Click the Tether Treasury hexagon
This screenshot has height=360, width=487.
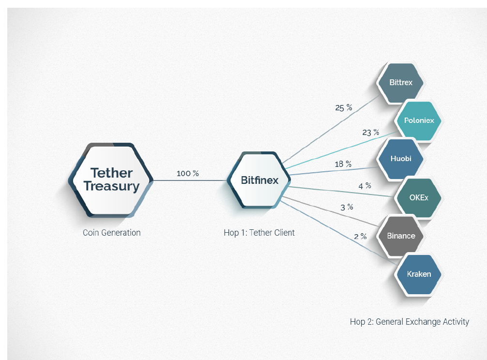[111, 180]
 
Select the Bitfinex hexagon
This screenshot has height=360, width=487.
[260, 180]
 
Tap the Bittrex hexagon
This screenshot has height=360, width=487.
[401, 82]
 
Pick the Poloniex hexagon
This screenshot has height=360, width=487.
[419, 120]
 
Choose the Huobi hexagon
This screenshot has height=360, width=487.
[401, 159]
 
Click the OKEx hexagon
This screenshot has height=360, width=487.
[419, 197]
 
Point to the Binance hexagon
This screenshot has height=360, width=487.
[401, 236]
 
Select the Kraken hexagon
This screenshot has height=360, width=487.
[419, 274]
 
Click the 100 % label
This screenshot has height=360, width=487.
[188, 173]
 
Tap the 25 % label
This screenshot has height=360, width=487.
[344, 108]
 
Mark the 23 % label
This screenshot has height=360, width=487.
[370, 132]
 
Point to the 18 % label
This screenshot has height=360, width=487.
[343, 164]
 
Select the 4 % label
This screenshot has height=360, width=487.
[365, 185]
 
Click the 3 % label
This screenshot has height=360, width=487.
[347, 207]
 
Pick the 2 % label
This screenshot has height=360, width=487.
[360, 237]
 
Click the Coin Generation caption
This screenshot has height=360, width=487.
[112, 233]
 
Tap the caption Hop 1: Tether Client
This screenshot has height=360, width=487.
[259, 233]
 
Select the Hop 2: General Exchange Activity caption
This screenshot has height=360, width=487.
[409, 321]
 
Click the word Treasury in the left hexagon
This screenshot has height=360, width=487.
[111, 186]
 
